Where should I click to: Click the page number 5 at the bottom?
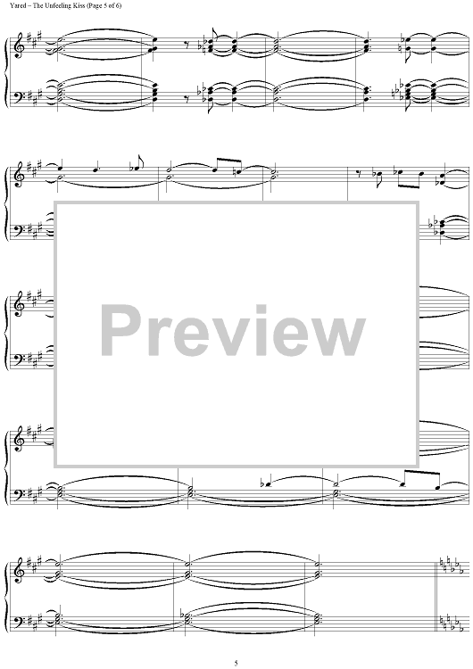coord(236,663)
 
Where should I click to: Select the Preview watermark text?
coord(233,331)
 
